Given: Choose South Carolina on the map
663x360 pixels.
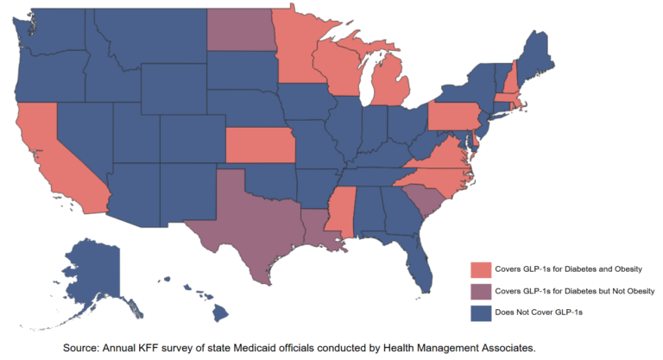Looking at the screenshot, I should point(418,200).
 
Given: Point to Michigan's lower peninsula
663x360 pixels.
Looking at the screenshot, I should point(393,95).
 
